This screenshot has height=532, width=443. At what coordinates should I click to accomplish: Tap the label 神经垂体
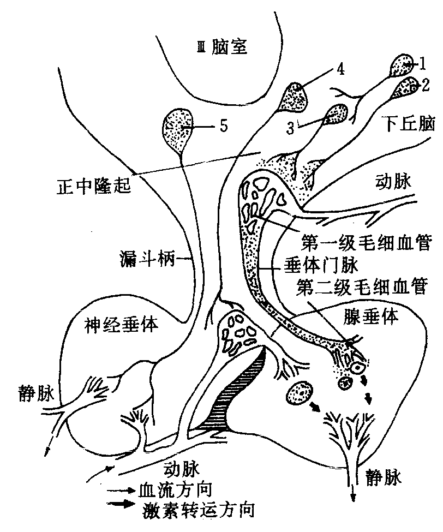[x=122, y=326]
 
